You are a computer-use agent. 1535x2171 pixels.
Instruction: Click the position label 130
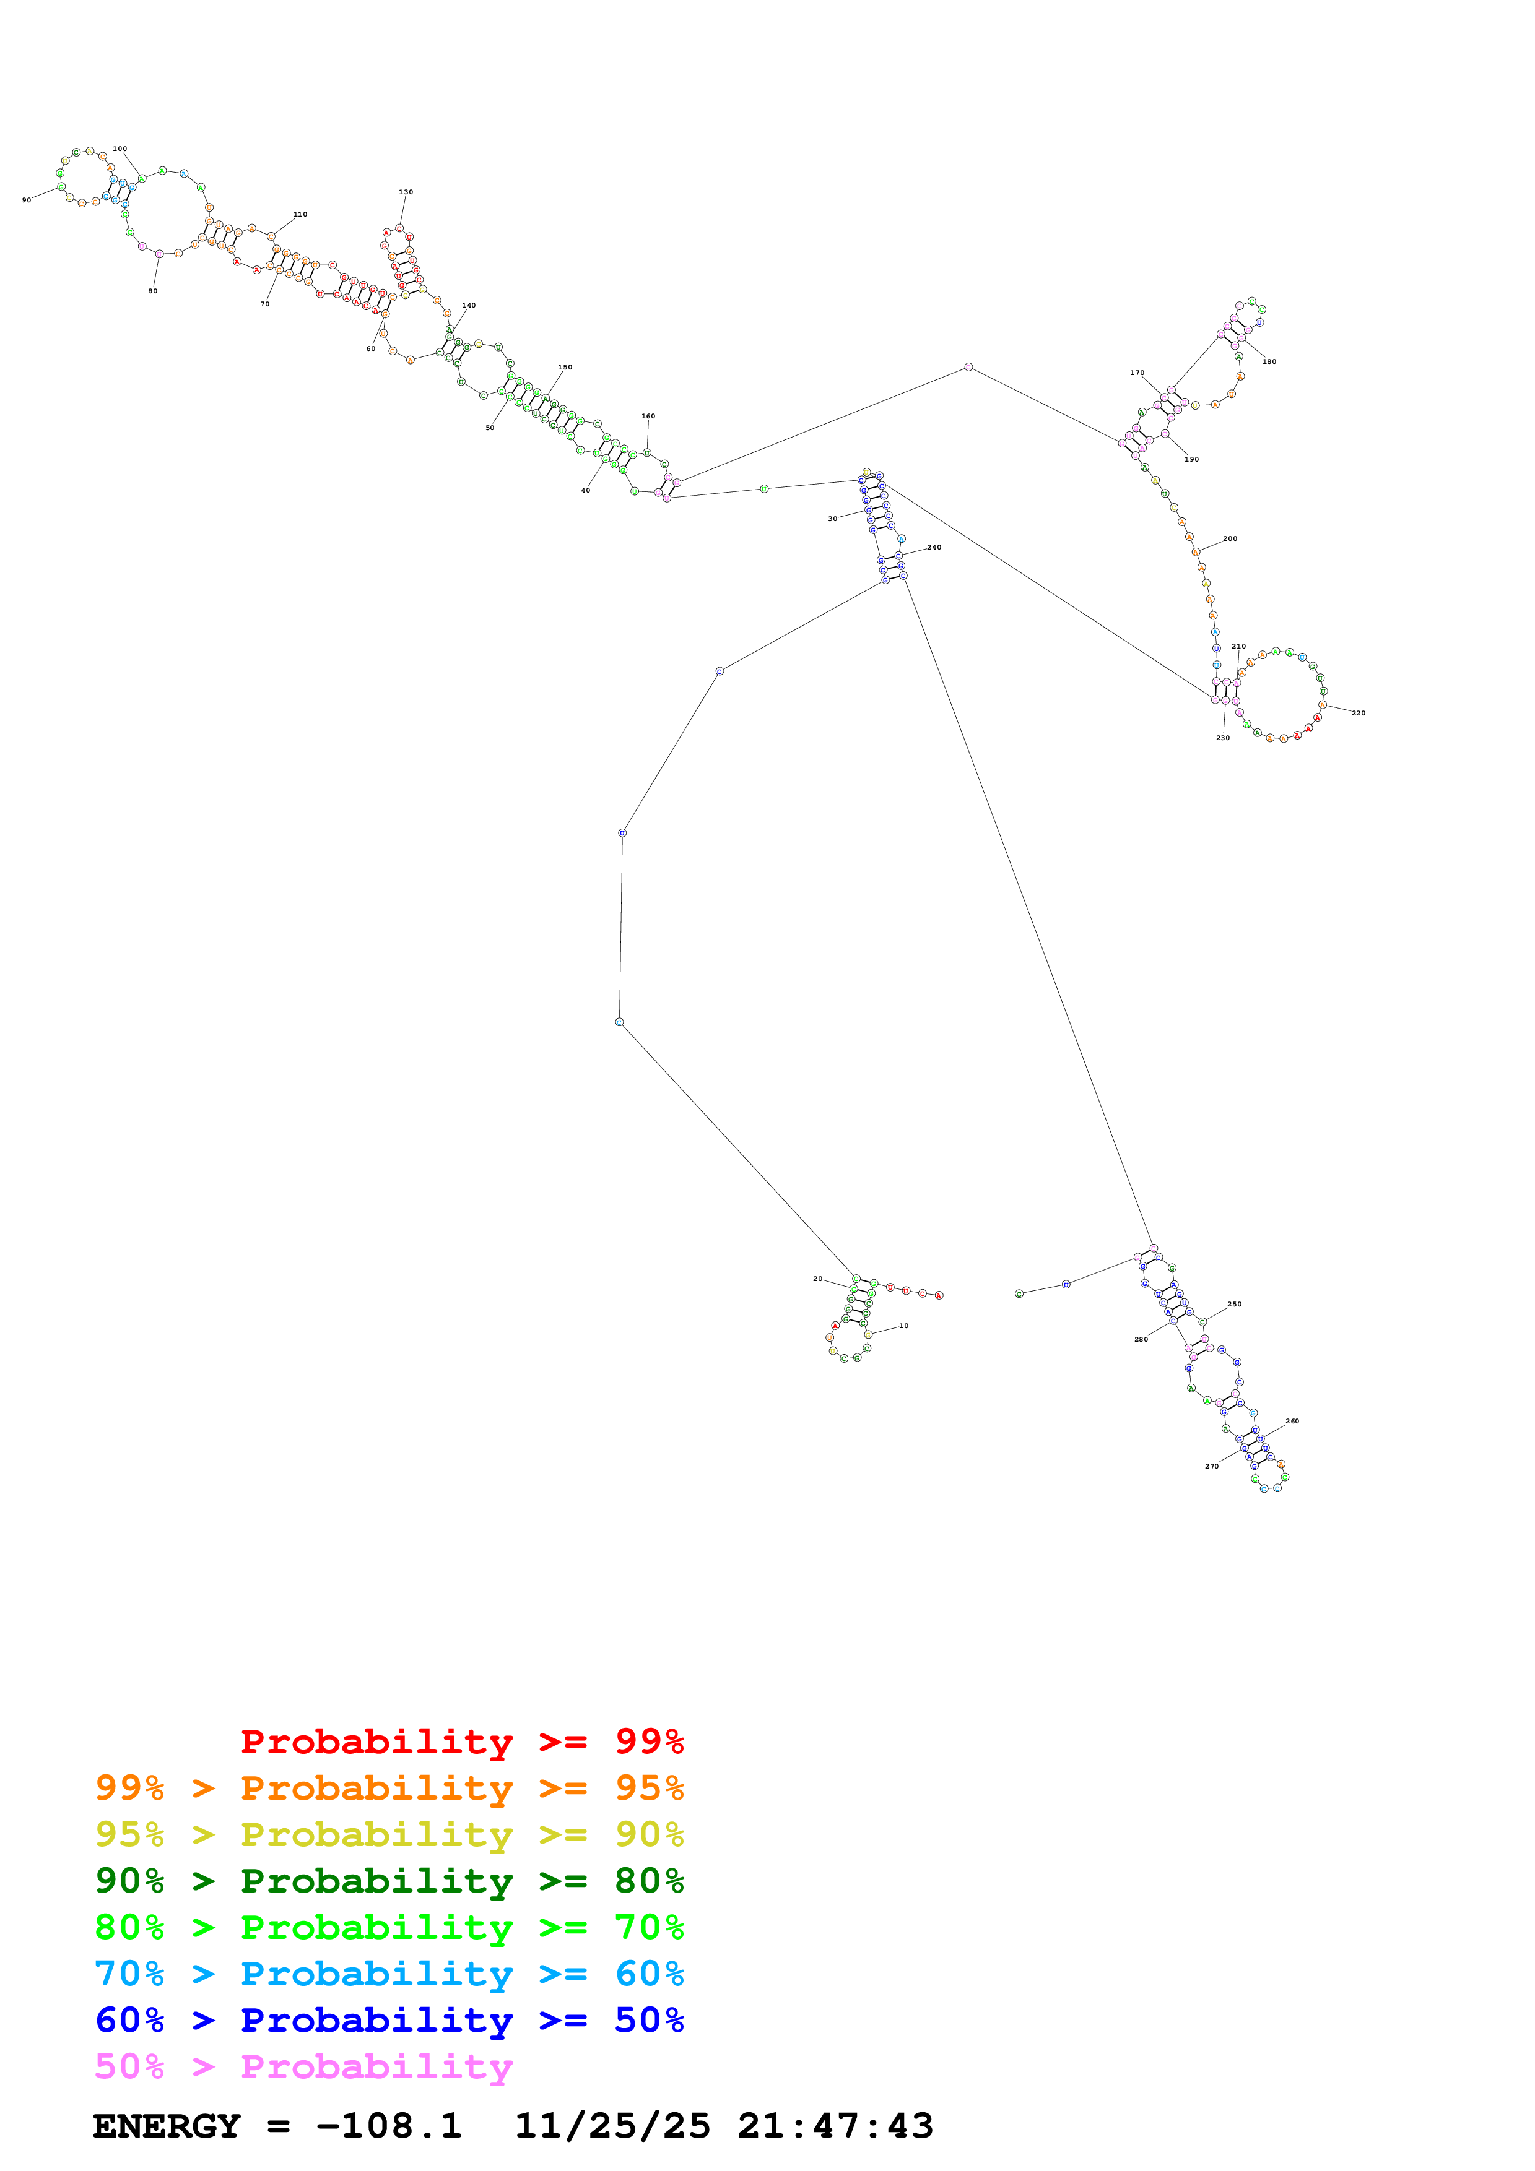tap(406, 192)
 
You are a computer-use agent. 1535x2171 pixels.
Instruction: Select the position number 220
tap(1358, 713)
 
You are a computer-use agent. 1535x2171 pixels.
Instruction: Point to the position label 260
tap(1292, 1421)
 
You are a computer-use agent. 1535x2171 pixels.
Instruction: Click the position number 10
tap(903, 1326)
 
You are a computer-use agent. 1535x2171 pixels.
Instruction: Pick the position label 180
tap(1269, 361)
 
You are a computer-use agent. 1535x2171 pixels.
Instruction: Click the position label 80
tap(152, 291)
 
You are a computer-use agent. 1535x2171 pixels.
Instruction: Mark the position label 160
tap(648, 416)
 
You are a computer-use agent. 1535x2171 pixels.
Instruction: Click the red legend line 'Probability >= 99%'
tap(461, 1741)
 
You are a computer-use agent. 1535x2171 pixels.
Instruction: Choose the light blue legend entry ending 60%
tap(389, 1974)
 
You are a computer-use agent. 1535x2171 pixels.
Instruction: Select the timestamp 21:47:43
tap(835, 2126)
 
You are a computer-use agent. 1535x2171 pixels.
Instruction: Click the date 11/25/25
tap(612, 2126)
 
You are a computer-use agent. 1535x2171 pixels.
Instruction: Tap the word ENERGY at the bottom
tap(167, 2126)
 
